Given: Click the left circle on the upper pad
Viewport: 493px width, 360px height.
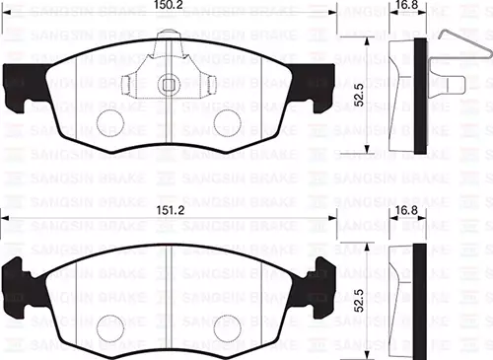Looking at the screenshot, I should point(111,121).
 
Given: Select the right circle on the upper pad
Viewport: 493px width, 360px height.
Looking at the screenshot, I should point(228,121).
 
